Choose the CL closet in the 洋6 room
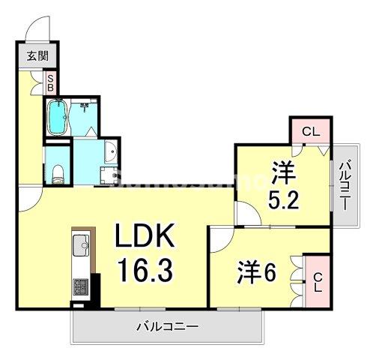pos(318,280)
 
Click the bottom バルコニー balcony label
pos(167,327)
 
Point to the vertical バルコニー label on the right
pos(345,184)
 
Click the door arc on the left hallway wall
pos(27,196)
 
